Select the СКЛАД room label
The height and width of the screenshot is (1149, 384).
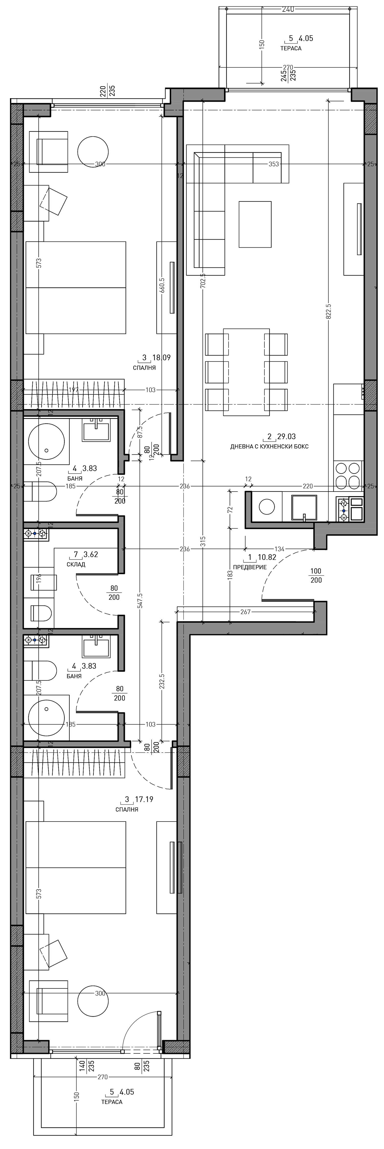(x=76, y=564)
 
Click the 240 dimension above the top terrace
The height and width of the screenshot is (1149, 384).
(x=289, y=9)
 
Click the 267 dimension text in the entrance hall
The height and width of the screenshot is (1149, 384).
(x=246, y=611)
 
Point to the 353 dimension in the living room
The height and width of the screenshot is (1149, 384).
(x=274, y=164)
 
